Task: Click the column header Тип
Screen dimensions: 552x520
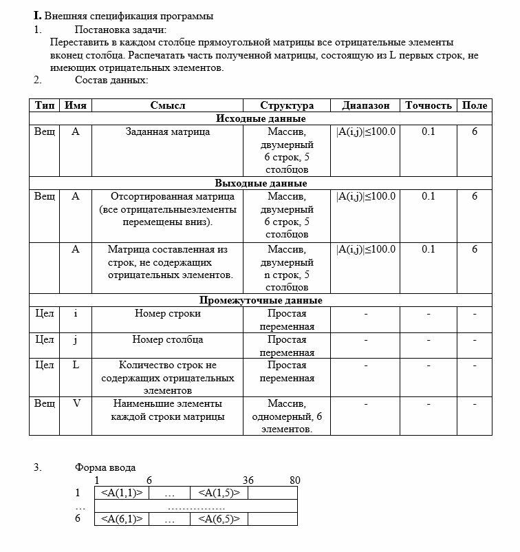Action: (x=44, y=105)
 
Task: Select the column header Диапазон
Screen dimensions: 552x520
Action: (x=365, y=105)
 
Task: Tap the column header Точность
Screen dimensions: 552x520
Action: (x=428, y=105)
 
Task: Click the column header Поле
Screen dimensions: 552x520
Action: (x=475, y=105)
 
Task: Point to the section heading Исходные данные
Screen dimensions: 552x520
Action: (x=261, y=118)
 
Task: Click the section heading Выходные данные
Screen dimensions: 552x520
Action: (x=261, y=184)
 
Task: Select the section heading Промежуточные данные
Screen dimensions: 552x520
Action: (x=261, y=301)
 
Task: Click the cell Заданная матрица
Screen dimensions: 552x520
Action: (x=168, y=131)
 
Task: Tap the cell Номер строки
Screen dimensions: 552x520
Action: (x=168, y=313)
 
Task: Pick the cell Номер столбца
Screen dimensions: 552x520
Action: (x=168, y=339)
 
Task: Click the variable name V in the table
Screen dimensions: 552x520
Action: (x=76, y=404)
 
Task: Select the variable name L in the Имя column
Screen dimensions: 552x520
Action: (x=76, y=365)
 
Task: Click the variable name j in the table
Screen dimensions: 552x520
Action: (x=76, y=339)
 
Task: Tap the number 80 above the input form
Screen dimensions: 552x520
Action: (x=294, y=480)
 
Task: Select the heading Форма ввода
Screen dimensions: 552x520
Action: (x=105, y=467)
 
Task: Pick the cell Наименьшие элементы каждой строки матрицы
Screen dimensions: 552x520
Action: (x=168, y=410)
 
